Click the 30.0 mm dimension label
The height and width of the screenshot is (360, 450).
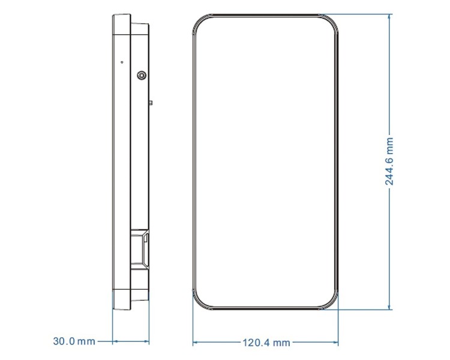point(74,341)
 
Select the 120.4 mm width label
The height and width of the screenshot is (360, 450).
point(266,343)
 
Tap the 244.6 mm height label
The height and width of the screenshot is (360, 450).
point(389,161)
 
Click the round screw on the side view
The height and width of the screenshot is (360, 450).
point(142,76)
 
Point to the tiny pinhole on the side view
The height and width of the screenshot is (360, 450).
point(122,62)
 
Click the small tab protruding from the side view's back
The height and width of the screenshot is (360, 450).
point(151,103)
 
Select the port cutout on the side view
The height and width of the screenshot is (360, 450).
point(140,249)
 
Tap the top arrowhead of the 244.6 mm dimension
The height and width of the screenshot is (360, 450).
point(389,17)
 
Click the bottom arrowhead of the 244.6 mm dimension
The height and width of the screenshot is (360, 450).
point(389,307)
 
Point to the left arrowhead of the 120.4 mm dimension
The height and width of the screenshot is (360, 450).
point(196,342)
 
